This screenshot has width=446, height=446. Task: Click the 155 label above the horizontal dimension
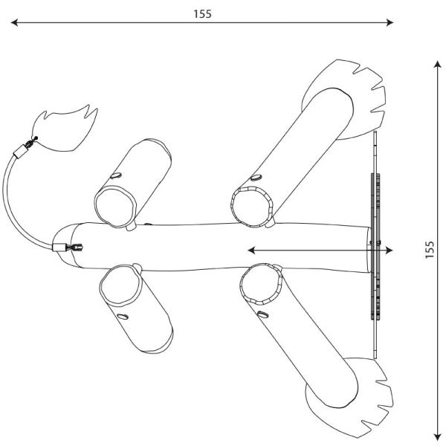pyautogui.click(x=201, y=13)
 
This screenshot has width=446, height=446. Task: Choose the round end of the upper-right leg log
pyautogui.click(x=251, y=204)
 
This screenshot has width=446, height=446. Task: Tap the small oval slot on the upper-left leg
pyautogui.click(x=117, y=175)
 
